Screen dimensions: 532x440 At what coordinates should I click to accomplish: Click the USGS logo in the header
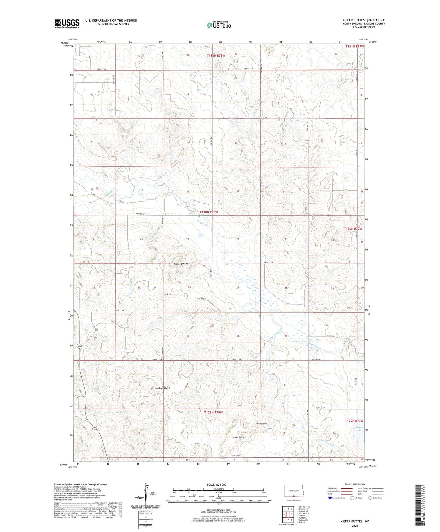pos(67,23)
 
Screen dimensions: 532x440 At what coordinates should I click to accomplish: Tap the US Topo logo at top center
pos(218,25)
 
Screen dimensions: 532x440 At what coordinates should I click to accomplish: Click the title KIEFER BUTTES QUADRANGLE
pos(364,20)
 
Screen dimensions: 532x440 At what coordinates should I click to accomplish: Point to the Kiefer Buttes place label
pos(181,264)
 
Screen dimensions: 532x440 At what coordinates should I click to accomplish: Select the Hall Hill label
pos(168,294)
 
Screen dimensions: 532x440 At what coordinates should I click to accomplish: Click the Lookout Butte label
pos(163,388)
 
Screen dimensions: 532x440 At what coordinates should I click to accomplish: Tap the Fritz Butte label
pos(261,424)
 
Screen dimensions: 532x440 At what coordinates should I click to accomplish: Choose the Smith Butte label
pos(238,437)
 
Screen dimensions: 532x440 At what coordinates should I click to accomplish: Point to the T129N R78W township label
pos(213,412)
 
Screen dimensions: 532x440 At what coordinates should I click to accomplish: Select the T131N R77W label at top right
pos(355,46)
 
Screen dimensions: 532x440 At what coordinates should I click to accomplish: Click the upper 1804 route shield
pos(79,346)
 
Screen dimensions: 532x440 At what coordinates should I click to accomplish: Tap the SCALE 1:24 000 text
pos(216,484)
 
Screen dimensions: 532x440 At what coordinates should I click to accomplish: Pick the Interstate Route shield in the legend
pos(330,498)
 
